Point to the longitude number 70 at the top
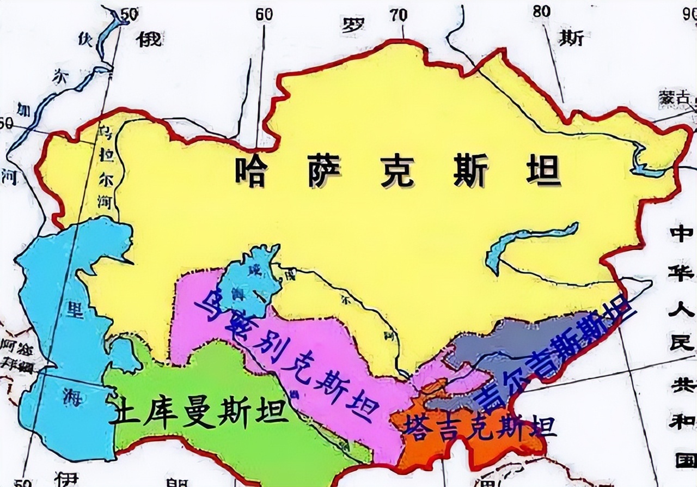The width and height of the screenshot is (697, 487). pos(399,15)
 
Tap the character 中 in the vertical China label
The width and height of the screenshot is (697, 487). pos(681,234)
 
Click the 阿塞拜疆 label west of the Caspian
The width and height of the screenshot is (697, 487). pos(16,354)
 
